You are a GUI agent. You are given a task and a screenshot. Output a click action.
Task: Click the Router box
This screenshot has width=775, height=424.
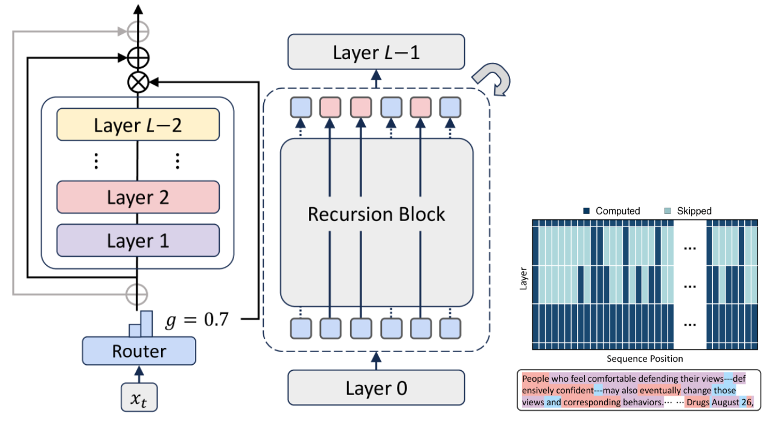pos(139,351)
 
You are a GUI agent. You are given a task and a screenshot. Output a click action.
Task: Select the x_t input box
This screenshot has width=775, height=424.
pos(139,398)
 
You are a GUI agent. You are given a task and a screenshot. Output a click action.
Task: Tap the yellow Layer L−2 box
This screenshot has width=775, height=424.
pos(138,125)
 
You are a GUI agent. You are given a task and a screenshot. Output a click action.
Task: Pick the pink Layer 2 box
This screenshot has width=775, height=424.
pos(138,197)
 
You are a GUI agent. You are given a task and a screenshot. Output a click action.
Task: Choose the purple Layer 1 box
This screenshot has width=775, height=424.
pos(138,240)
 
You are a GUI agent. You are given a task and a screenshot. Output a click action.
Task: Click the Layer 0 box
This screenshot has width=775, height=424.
pos(376,387)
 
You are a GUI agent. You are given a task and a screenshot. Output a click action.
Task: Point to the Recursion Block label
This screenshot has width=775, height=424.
pos(376,214)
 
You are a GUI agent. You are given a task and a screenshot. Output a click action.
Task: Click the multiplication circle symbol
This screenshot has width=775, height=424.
pos(139,81)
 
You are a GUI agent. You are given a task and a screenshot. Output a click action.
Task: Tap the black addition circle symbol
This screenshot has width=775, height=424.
pos(139,58)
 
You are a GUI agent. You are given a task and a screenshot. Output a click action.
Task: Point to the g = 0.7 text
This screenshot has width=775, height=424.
pos(197,320)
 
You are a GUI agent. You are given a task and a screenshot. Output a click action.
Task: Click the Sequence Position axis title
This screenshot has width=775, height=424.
pos(645,359)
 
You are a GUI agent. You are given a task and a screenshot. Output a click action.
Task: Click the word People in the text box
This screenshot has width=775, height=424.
pos(536,379)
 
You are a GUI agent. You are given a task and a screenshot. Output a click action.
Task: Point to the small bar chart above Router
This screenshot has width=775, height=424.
pos(141,325)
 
